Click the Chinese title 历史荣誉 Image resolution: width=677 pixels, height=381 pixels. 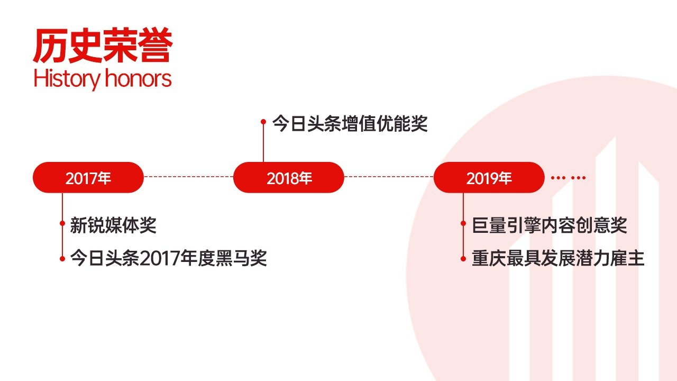pyautogui.click(x=103, y=46)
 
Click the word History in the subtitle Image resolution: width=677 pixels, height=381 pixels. pyautogui.click(x=67, y=79)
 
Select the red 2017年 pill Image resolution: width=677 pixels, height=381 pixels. pyautogui.click(x=88, y=177)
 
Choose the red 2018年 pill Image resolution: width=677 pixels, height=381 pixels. pyautogui.click(x=289, y=177)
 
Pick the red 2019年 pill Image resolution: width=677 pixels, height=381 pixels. pyautogui.click(x=489, y=177)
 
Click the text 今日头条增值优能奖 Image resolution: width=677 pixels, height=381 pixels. pyautogui.click(x=350, y=123)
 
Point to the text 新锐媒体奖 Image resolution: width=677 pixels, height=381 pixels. pyautogui.click(x=113, y=225)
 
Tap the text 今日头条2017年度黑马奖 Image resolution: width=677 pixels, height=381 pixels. pyautogui.click(x=168, y=258)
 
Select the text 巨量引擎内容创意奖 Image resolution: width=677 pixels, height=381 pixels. pyautogui.click(x=550, y=225)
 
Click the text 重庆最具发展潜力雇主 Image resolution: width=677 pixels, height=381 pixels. pyautogui.click(x=558, y=258)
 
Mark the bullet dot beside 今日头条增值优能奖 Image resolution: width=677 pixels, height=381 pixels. pyautogui.click(x=263, y=122)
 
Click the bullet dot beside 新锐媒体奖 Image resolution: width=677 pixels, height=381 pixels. pyautogui.click(x=62, y=223)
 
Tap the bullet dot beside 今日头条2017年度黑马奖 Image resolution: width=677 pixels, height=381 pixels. pyautogui.click(x=62, y=259)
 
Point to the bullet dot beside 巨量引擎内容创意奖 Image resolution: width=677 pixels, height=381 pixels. pyautogui.click(x=463, y=223)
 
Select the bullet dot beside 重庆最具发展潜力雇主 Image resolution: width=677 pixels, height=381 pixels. pyautogui.click(x=463, y=259)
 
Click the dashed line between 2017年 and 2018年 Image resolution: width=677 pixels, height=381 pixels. pyautogui.click(x=188, y=177)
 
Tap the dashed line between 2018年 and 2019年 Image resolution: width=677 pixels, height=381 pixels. pyautogui.click(x=389, y=177)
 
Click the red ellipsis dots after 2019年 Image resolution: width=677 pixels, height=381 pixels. pyautogui.click(x=568, y=178)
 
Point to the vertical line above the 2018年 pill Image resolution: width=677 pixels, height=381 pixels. pyautogui.click(x=263, y=143)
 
